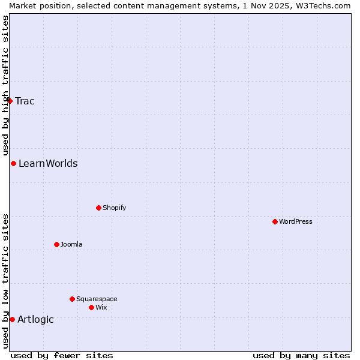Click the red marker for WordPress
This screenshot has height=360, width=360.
point(275,221)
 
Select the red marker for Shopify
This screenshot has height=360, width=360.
point(98,208)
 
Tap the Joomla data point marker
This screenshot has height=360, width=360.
point(56,244)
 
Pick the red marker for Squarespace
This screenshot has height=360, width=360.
point(72,299)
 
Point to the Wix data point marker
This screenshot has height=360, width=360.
point(91,307)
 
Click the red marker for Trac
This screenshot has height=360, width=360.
point(10,101)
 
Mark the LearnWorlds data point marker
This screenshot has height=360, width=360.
point(13,163)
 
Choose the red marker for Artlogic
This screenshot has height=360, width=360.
point(12,319)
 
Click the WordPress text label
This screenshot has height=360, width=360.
point(296,221)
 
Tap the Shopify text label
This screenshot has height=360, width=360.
point(114,208)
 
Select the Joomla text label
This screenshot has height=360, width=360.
point(71,244)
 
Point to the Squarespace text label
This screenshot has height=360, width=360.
point(97,299)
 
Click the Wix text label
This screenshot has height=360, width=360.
point(101,307)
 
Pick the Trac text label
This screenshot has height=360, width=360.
point(25,101)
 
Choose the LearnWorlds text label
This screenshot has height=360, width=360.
point(48,163)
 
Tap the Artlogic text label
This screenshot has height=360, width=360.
point(35,319)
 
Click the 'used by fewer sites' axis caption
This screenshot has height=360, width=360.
point(62,355)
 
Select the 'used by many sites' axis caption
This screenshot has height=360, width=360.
point(301,355)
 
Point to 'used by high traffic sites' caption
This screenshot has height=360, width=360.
point(5,85)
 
